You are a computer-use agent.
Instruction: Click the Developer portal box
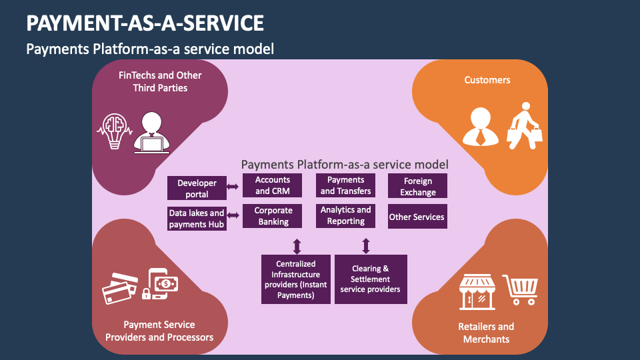[197, 188]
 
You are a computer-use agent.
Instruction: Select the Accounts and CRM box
[272, 185]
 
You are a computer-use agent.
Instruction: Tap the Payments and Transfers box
[345, 185]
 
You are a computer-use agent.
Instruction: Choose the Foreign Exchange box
[417, 186]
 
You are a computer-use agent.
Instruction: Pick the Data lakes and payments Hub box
[197, 219]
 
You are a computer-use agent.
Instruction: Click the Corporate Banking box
[272, 217]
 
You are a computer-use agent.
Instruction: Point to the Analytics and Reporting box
[345, 215]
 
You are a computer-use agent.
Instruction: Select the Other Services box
[417, 217]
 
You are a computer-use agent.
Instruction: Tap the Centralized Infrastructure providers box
[296, 279]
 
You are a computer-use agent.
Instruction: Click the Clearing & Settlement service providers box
[370, 279]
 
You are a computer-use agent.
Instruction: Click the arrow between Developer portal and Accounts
[233, 187]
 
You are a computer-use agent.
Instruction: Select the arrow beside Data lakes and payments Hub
[233, 215]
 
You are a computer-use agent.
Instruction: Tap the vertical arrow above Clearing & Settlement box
[365, 245]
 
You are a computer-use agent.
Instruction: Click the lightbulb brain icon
[113, 129]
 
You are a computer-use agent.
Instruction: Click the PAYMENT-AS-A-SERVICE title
[145, 23]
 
